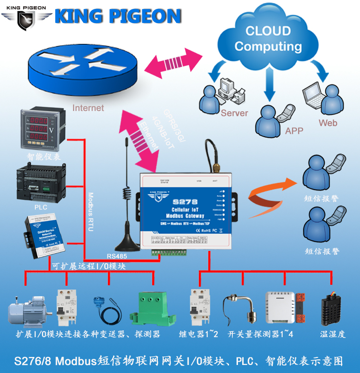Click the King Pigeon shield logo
point(26,17)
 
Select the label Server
point(234,113)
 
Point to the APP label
point(294,131)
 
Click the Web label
point(328,123)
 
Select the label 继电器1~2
point(199,334)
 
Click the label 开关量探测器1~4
point(261,334)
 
